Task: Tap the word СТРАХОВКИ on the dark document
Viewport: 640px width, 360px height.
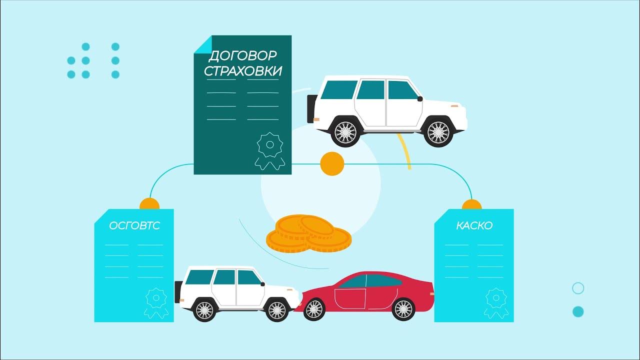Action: (x=242, y=71)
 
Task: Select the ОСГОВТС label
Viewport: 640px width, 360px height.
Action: (x=134, y=226)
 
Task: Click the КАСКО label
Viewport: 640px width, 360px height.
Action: (x=474, y=226)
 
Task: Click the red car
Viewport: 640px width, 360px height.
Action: (x=370, y=295)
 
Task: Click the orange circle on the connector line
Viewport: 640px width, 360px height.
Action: (x=331, y=164)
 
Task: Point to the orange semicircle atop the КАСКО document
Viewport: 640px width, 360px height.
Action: (x=471, y=205)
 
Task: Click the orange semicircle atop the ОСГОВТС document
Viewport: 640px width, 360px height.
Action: (x=149, y=204)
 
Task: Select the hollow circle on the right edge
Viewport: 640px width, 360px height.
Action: (x=578, y=288)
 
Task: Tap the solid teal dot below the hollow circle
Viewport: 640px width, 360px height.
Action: (x=578, y=311)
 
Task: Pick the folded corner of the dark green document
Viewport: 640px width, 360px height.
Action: (x=202, y=43)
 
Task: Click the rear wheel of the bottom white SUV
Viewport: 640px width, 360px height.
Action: (x=204, y=309)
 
